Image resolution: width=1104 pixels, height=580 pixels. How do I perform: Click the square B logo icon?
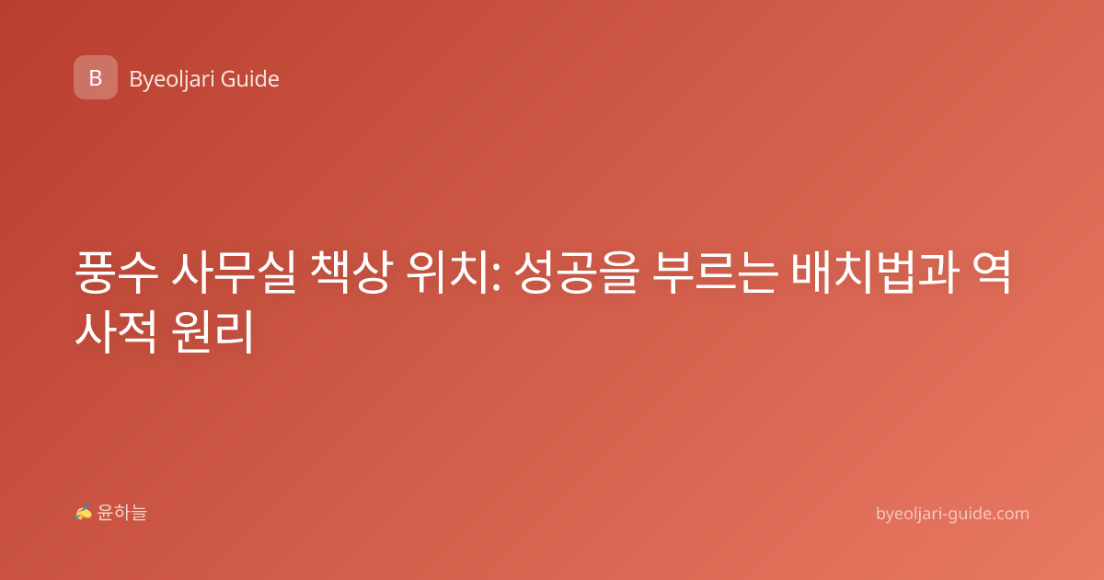96,77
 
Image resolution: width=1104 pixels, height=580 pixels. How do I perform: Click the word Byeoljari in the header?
171,80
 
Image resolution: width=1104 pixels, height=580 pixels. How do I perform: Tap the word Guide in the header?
250,79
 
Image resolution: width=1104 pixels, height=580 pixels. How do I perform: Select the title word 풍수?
117,273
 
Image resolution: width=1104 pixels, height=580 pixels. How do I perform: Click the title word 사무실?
234,273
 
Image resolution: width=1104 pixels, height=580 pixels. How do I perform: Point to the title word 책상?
351,273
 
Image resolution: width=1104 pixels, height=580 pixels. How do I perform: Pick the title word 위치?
447,273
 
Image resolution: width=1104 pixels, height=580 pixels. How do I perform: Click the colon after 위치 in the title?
496,277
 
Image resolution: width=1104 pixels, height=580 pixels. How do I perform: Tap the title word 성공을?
577,273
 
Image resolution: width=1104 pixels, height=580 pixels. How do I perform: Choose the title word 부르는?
715,273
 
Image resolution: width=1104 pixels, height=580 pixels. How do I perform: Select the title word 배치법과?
875,273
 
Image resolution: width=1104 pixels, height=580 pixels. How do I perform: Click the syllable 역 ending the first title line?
992,273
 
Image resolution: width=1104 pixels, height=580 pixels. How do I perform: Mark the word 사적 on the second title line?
116,331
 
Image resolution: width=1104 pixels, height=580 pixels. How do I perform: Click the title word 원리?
213,331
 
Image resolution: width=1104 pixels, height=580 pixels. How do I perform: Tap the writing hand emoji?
84,512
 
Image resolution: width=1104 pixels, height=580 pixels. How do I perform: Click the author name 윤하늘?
121,513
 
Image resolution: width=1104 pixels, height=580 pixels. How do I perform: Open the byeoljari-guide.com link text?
952,514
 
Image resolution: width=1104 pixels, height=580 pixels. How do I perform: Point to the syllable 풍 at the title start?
95,273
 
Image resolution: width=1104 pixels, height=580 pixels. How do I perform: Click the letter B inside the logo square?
96,78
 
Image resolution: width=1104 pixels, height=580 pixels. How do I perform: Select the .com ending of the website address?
1008,514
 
